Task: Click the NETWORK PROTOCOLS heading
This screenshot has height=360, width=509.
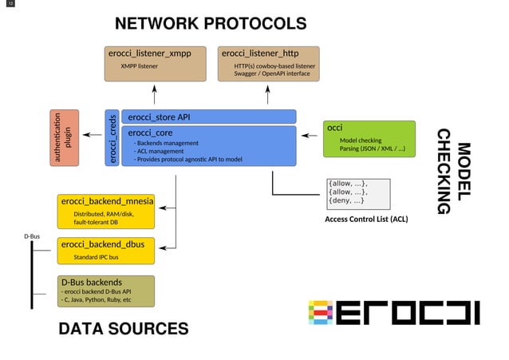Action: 210,23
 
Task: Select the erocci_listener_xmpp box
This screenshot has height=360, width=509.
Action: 152,63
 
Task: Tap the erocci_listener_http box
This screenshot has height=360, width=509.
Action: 268,63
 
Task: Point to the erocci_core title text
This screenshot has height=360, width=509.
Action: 151,133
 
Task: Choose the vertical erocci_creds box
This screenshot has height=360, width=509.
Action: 112,139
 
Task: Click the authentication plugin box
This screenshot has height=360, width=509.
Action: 65,138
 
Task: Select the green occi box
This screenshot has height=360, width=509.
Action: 369,138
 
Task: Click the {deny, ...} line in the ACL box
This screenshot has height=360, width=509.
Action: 348,200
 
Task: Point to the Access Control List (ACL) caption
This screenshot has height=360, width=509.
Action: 366,219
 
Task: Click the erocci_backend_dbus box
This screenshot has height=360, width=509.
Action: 105,250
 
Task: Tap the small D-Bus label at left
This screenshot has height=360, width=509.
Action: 31,236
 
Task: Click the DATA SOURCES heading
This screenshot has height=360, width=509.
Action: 123,329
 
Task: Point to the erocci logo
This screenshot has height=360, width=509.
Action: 393,312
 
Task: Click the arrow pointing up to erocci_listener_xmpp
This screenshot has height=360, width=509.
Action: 153,95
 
